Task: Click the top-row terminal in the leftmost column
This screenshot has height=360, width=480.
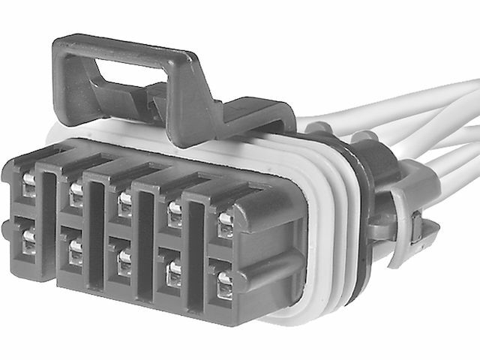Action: tap(28, 184)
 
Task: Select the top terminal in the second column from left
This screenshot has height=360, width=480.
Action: tap(76, 194)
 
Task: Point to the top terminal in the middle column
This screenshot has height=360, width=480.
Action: tap(124, 203)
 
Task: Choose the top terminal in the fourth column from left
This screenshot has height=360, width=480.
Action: tap(174, 214)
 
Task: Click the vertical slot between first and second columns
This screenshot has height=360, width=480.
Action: tap(49, 217)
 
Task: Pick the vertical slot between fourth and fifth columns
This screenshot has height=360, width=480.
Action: tap(196, 247)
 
